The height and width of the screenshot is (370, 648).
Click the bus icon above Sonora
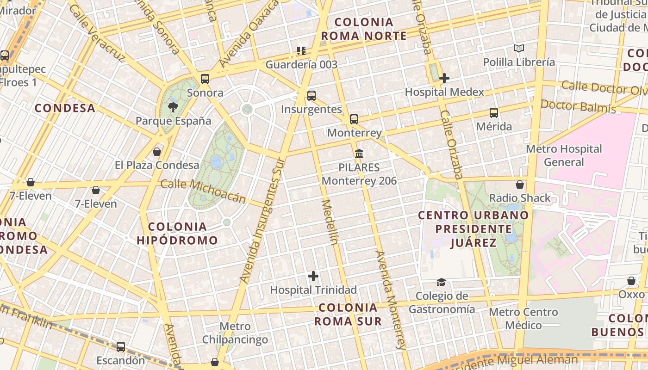205,79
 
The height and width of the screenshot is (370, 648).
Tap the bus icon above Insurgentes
312,96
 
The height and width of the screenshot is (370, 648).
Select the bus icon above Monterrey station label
354,119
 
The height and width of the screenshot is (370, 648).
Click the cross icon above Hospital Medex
444,78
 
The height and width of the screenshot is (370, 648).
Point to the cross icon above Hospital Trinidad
313,276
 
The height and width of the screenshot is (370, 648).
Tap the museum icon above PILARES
359,154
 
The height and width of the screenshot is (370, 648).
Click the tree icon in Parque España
173,107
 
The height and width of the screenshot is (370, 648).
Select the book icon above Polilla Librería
519,48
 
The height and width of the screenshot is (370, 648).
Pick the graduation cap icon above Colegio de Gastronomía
441,282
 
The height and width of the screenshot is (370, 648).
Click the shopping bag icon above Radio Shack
520,185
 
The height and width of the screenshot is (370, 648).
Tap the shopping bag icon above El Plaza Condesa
157,152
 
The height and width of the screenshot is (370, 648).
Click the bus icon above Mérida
494,112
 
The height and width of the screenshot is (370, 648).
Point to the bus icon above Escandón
121,346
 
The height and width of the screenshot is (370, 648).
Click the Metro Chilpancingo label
235,333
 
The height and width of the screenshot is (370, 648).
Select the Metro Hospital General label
564,155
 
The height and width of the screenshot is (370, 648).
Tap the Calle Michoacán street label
203,191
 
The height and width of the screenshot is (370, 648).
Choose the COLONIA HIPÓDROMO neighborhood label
177,233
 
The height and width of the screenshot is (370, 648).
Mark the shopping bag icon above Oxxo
631,281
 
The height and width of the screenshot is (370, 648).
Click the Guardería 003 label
301,64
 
